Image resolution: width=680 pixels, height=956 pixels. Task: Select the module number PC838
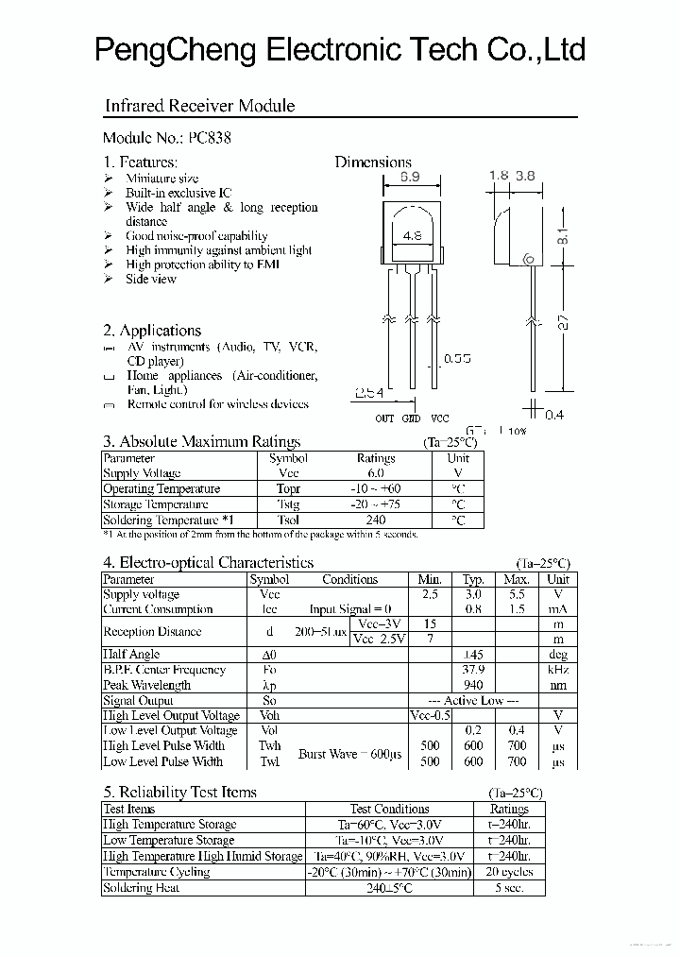(x=210, y=137)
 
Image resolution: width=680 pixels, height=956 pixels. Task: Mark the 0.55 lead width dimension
(x=457, y=359)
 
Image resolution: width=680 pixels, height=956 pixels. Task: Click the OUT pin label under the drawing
(x=384, y=418)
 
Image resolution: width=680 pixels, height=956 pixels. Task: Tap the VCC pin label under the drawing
(x=439, y=418)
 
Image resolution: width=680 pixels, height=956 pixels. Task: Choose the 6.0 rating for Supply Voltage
(x=375, y=473)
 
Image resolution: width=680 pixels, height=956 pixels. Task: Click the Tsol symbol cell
(x=288, y=520)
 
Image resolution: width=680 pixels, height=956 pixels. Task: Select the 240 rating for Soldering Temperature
(x=375, y=520)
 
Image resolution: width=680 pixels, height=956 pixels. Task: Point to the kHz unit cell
(x=557, y=670)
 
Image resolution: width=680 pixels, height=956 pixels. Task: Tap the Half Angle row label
(x=131, y=654)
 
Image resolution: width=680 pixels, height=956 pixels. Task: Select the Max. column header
(x=516, y=579)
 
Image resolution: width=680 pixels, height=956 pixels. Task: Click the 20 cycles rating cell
(x=509, y=872)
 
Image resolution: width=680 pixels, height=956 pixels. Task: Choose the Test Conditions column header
(x=389, y=809)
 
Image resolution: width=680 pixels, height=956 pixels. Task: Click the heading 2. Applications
(x=152, y=331)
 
